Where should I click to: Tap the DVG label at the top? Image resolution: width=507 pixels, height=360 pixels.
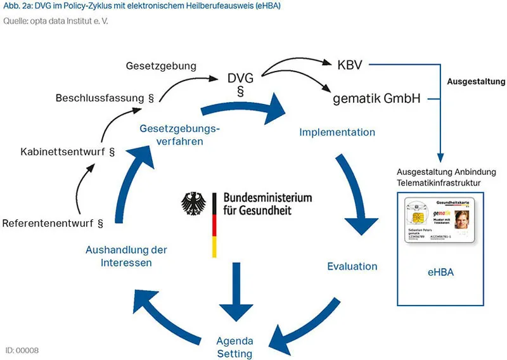240,79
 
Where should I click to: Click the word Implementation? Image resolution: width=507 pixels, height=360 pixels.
337,132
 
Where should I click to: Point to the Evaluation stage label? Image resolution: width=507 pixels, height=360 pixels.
352,266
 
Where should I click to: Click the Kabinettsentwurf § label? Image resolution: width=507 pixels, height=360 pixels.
67,152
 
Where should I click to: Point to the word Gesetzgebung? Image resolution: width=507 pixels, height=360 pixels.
161,66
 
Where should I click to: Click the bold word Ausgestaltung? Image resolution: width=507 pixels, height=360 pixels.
476,82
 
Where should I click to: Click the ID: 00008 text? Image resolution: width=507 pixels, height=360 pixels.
22,350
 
